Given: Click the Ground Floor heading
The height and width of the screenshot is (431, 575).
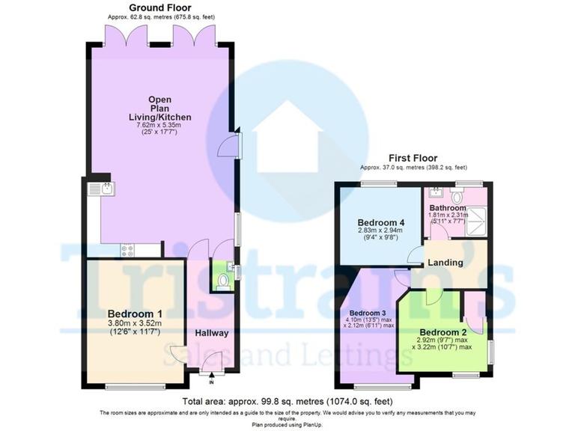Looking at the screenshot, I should (x=159, y=7).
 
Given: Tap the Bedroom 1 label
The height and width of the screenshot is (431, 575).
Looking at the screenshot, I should (x=136, y=313).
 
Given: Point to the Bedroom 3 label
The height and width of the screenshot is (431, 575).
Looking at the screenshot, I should (x=368, y=312).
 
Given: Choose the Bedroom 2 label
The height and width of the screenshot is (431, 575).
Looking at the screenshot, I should (x=444, y=332).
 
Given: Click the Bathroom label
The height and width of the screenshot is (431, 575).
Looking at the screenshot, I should (x=448, y=207).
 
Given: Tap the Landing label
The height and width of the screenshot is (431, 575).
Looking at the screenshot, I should (x=445, y=263).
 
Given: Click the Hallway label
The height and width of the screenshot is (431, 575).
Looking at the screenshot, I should (x=212, y=332).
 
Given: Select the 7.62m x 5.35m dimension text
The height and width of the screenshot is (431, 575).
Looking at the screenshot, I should (x=159, y=126).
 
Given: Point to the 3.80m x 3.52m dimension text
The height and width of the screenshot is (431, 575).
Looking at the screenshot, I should (x=136, y=323).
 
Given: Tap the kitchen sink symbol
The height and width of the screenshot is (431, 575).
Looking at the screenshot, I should (x=100, y=189).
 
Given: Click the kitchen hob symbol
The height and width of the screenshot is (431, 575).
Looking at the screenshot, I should (x=127, y=251).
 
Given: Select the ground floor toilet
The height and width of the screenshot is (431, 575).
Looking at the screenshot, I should (x=222, y=281).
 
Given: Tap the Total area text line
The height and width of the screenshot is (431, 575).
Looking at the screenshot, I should (x=287, y=401).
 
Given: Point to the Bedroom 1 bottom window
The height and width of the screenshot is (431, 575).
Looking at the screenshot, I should (x=136, y=386).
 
